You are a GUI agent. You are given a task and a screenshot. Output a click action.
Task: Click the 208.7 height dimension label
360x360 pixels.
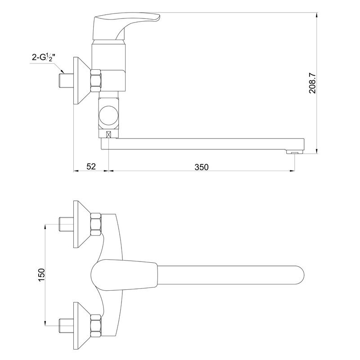coord(312,83)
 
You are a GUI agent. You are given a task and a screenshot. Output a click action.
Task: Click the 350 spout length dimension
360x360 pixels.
coord(202,167)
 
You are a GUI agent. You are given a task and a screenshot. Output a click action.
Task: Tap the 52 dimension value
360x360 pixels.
coord(91,166)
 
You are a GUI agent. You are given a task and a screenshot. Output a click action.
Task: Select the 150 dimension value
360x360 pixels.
coord(41,275)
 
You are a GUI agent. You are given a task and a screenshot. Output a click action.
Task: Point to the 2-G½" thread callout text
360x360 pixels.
coord(44,57)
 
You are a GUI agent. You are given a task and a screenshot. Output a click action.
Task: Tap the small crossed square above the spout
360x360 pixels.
coord(108,134)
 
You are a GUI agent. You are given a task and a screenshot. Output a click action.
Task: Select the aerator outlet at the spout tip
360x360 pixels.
coord(295,152)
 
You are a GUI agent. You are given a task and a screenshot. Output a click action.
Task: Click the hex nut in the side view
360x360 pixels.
coord(96,81)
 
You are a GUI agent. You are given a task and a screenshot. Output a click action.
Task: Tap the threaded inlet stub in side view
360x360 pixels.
coord(66,81)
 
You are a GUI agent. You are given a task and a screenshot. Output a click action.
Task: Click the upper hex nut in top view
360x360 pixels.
coord(96,224)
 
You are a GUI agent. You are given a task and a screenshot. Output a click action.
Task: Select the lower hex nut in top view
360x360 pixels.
coord(96,326)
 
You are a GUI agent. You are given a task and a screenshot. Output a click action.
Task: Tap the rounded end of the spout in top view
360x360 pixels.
coord(298,275)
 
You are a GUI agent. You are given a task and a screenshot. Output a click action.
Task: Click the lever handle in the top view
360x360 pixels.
coord(124,275)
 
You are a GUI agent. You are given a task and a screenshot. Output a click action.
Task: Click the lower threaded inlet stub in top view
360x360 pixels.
coord(66,326)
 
